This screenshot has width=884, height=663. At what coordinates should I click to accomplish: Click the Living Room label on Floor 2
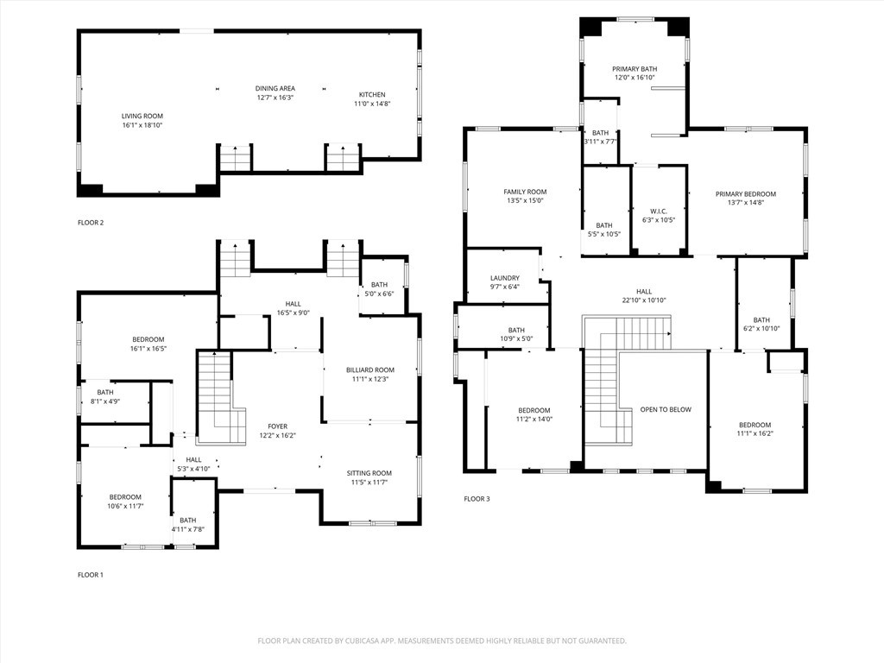[142, 116]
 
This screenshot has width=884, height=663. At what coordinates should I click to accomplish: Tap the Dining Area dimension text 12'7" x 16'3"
[275, 98]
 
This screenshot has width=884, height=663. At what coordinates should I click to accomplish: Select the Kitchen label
[372, 95]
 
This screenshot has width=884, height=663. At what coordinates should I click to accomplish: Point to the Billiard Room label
[370, 369]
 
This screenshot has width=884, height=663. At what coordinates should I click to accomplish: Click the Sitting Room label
[369, 473]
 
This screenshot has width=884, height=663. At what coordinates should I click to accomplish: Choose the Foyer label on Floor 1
[277, 426]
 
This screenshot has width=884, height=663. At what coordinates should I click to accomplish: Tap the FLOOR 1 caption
[91, 575]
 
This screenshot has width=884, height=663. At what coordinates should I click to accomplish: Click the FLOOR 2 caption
[91, 223]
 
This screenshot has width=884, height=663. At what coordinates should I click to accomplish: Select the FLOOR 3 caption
[477, 499]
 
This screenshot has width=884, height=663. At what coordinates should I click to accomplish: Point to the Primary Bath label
[635, 68]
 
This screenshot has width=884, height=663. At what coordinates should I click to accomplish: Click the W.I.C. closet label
[659, 211]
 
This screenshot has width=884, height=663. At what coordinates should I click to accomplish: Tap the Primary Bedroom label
[746, 194]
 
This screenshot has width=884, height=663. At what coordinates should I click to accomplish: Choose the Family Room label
[525, 192]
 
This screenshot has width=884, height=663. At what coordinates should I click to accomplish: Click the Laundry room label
[505, 278]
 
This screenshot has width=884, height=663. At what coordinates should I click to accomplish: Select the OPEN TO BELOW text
[665, 409]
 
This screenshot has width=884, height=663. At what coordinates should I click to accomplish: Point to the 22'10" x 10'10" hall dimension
[644, 300]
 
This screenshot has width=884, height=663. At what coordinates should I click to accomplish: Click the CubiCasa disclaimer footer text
[442, 641]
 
